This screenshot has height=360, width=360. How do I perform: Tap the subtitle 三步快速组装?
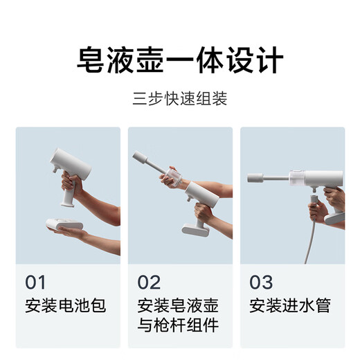(180, 98)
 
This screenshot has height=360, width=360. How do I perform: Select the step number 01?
(35, 282)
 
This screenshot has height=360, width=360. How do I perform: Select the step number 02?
(149, 282)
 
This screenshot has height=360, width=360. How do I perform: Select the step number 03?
(261, 282)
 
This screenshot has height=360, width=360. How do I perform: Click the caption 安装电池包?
(66, 305)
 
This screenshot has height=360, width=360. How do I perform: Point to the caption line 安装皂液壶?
(178, 305)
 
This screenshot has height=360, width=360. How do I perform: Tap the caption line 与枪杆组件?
(178, 326)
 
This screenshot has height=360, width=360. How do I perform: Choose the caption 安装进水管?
(290, 305)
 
